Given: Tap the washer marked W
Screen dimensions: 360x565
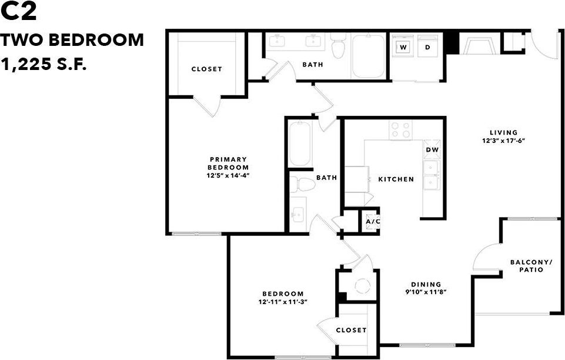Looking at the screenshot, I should coord(403,47).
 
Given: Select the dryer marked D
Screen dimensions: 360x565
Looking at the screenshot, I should coord(427,47).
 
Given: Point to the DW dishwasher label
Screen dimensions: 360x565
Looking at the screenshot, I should coord(432,150).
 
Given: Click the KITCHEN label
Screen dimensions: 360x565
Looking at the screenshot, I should coord(396,179).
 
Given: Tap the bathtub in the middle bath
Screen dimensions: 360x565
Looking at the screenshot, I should coord(300,144).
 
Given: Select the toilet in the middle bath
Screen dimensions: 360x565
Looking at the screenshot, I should coord(303,184).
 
